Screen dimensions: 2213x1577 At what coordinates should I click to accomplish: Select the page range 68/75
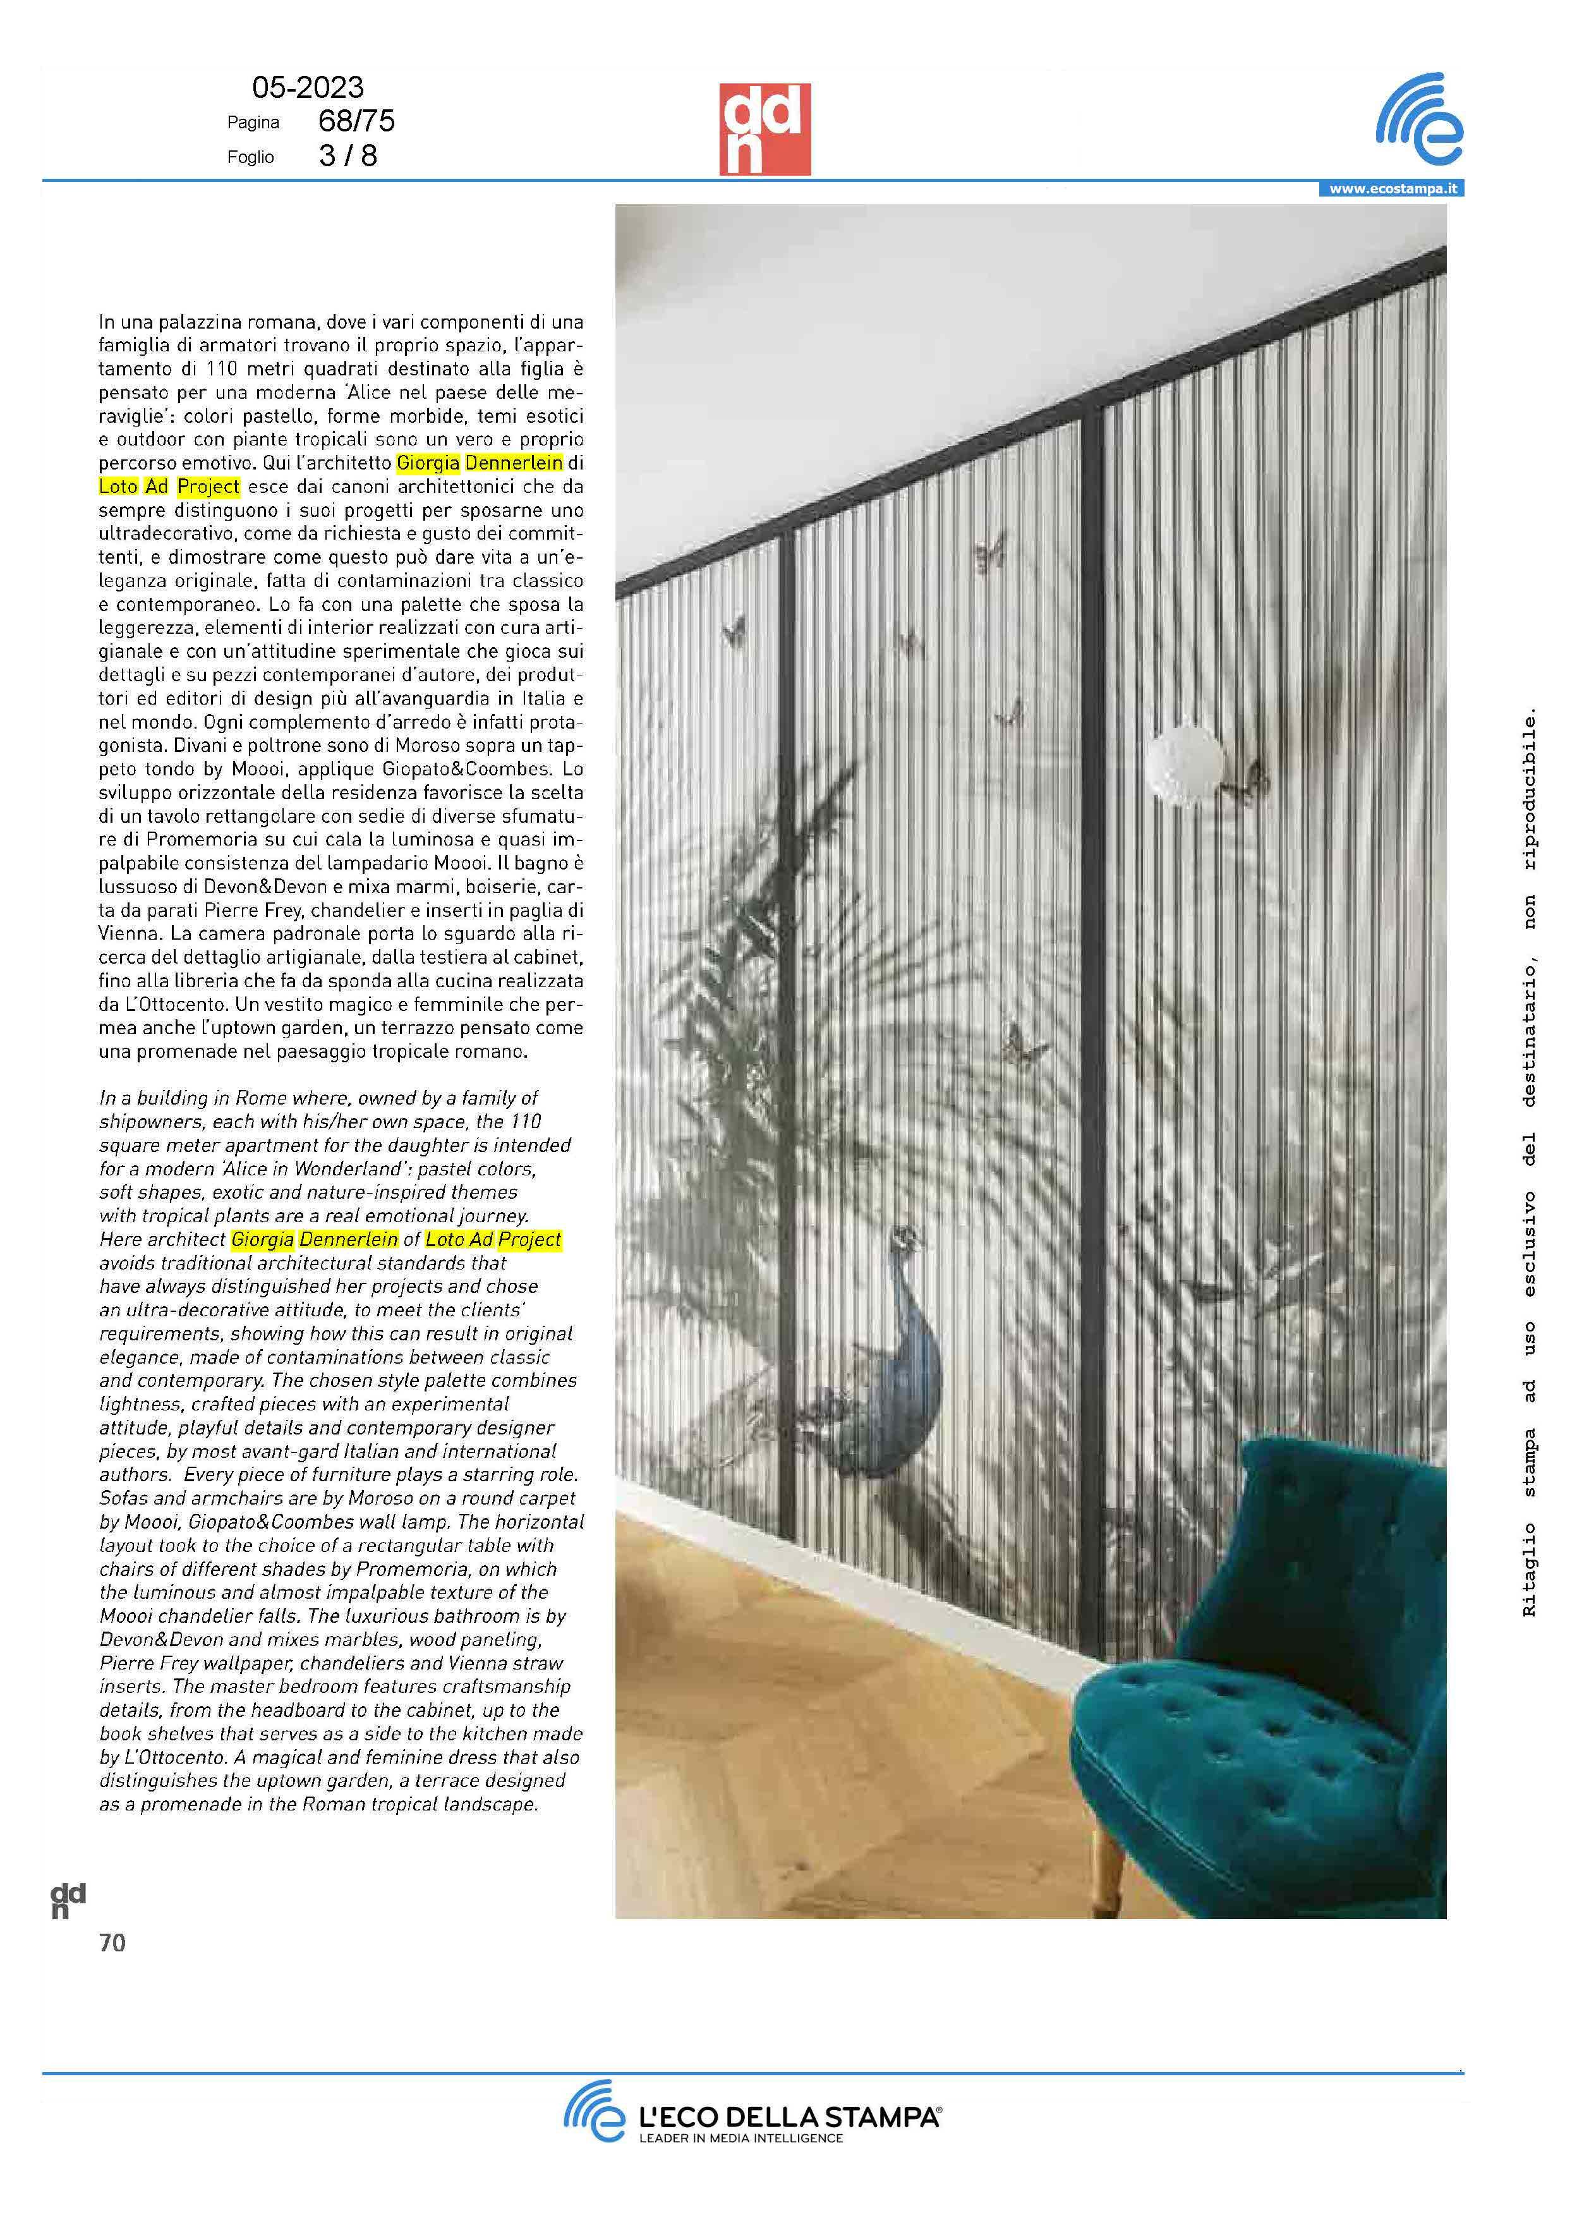coord(356,121)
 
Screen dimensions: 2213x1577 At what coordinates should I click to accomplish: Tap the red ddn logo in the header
coord(764,129)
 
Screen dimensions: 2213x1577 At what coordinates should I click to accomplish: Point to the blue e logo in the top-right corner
coord(1420,121)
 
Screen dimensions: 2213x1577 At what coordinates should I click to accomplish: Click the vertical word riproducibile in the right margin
coord(1530,791)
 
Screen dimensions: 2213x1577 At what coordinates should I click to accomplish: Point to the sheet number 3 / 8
coord(347,156)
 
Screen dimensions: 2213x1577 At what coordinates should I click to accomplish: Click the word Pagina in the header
coord(253,123)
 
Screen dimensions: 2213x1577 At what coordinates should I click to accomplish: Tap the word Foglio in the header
coord(251,157)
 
